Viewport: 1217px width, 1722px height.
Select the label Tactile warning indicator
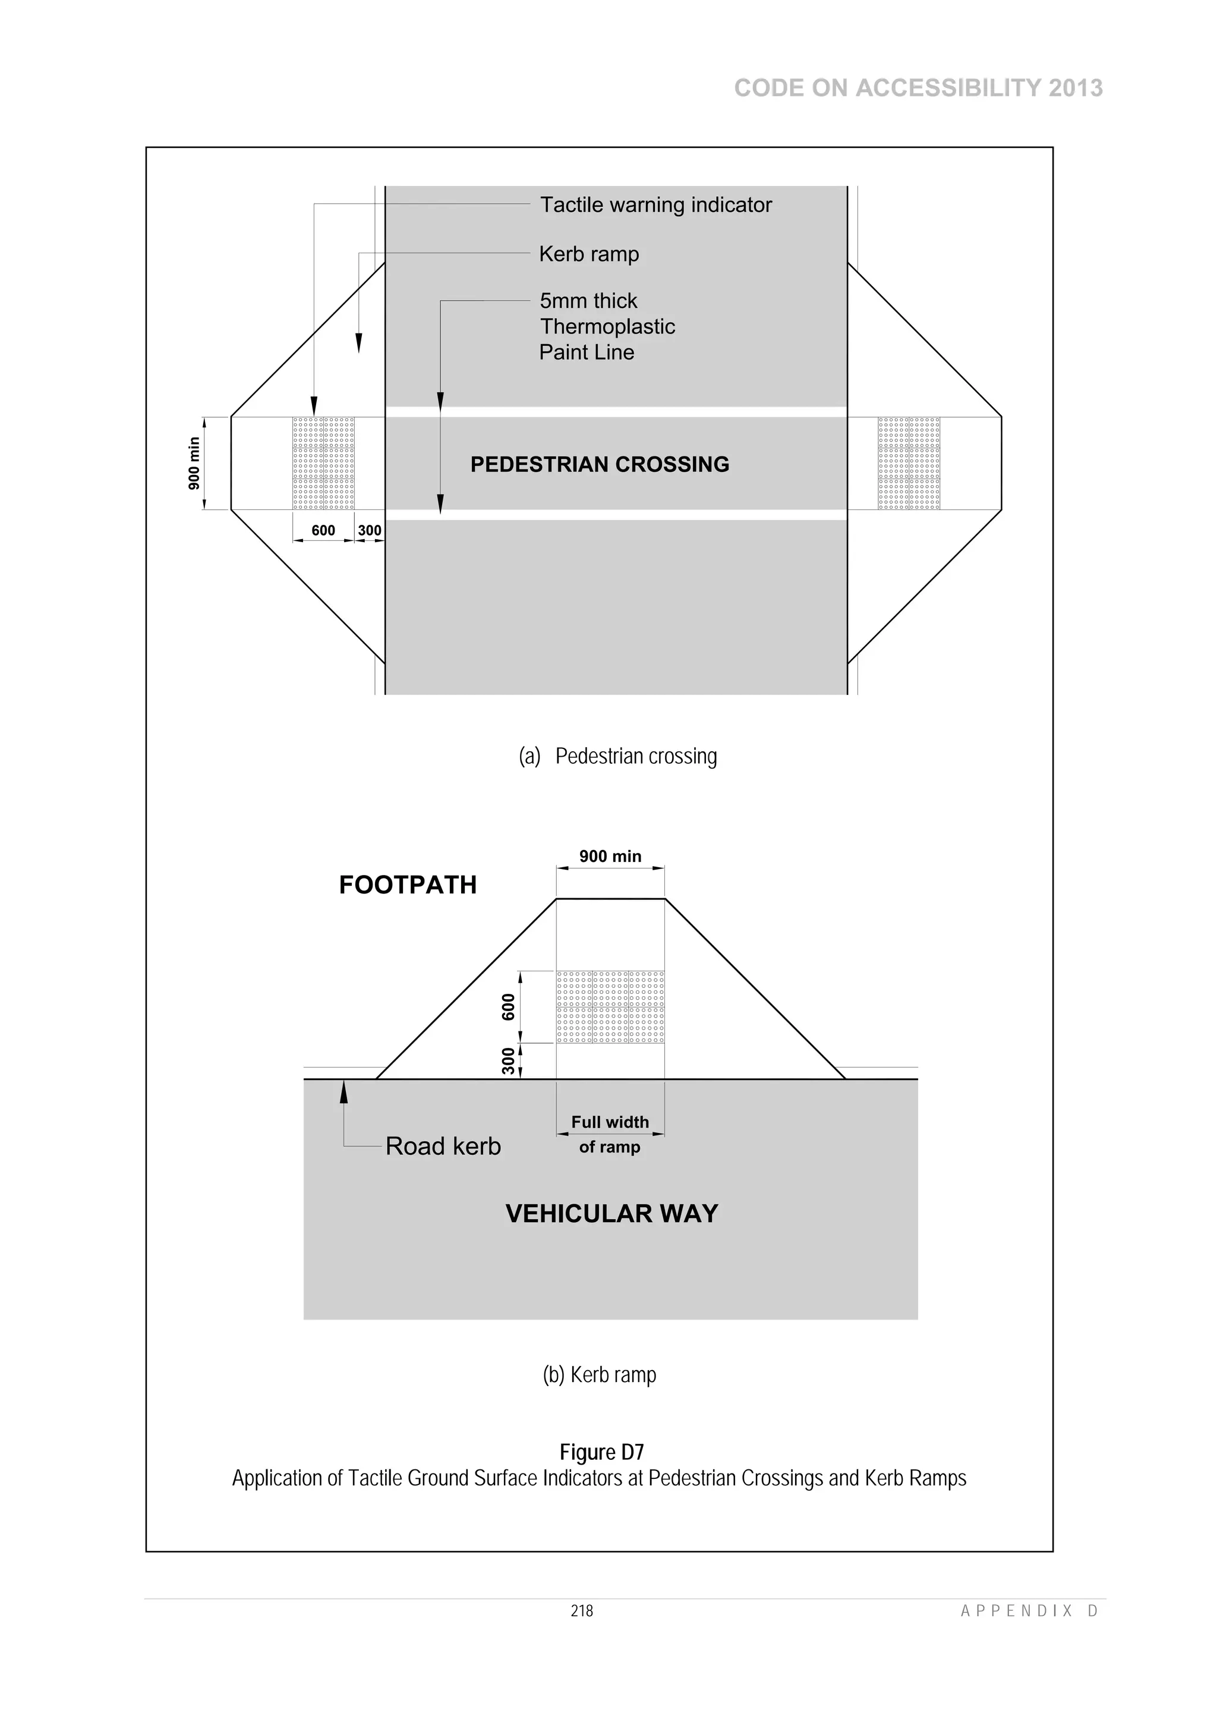pos(655,204)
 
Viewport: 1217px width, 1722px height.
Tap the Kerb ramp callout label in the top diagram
pos(589,254)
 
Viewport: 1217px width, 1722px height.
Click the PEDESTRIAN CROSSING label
pos(599,464)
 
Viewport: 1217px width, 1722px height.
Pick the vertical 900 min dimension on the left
pos(194,464)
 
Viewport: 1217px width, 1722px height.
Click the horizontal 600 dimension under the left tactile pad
pos(323,530)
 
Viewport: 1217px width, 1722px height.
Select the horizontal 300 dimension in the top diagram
pos(369,530)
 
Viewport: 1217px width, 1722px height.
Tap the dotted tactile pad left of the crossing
pos(323,464)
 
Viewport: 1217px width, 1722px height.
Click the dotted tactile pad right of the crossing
pos(909,464)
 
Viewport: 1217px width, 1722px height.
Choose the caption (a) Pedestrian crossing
pos(617,756)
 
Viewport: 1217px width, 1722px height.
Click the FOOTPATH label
pos(408,885)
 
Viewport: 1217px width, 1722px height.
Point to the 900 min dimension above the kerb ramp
pos(610,857)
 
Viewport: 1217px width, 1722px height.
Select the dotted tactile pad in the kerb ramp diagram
pos(610,1008)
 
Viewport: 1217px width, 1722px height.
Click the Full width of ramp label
pos(610,1134)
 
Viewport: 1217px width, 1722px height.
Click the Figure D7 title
pos(601,1452)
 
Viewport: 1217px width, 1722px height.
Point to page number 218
pos(582,1610)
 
